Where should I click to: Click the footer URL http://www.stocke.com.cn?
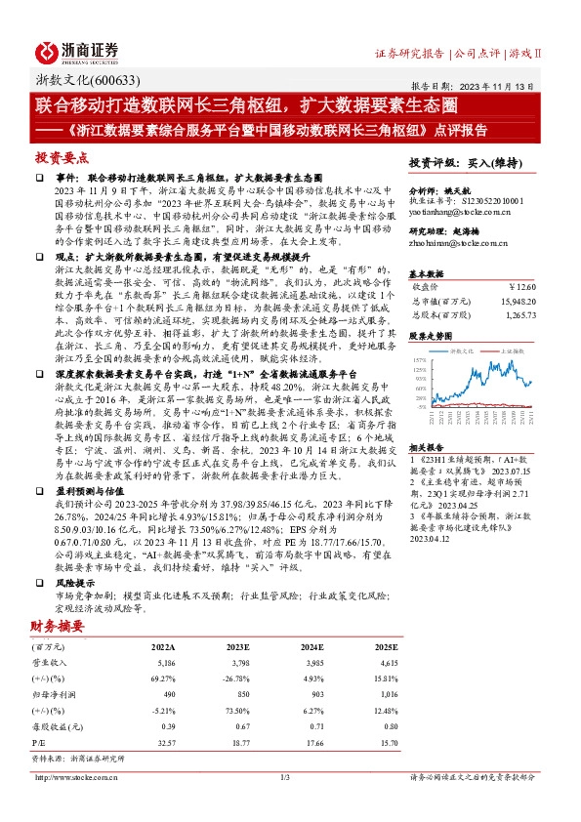tap(74, 777)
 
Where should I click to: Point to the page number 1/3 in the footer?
tap(285, 777)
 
